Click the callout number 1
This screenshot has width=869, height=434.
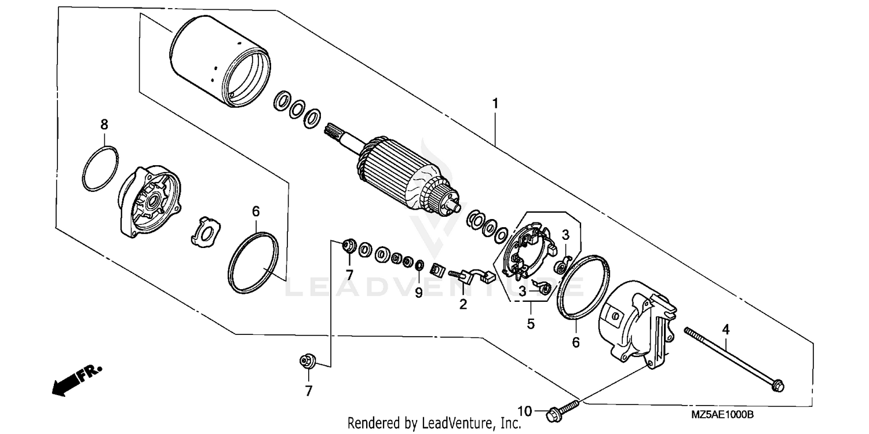tap(495, 104)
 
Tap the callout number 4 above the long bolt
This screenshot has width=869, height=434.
tap(725, 329)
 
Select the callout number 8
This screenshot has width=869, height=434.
tap(104, 124)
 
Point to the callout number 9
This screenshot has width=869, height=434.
tap(418, 293)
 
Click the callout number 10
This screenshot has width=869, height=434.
tap(524, 411)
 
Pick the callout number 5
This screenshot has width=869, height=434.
tap(530, 324)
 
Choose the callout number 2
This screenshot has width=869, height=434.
tap(463, 304)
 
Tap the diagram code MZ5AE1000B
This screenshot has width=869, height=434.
tap(722, 415)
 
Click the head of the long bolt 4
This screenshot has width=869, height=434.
tap(778, 384)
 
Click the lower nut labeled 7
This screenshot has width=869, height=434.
tap(306, 362)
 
